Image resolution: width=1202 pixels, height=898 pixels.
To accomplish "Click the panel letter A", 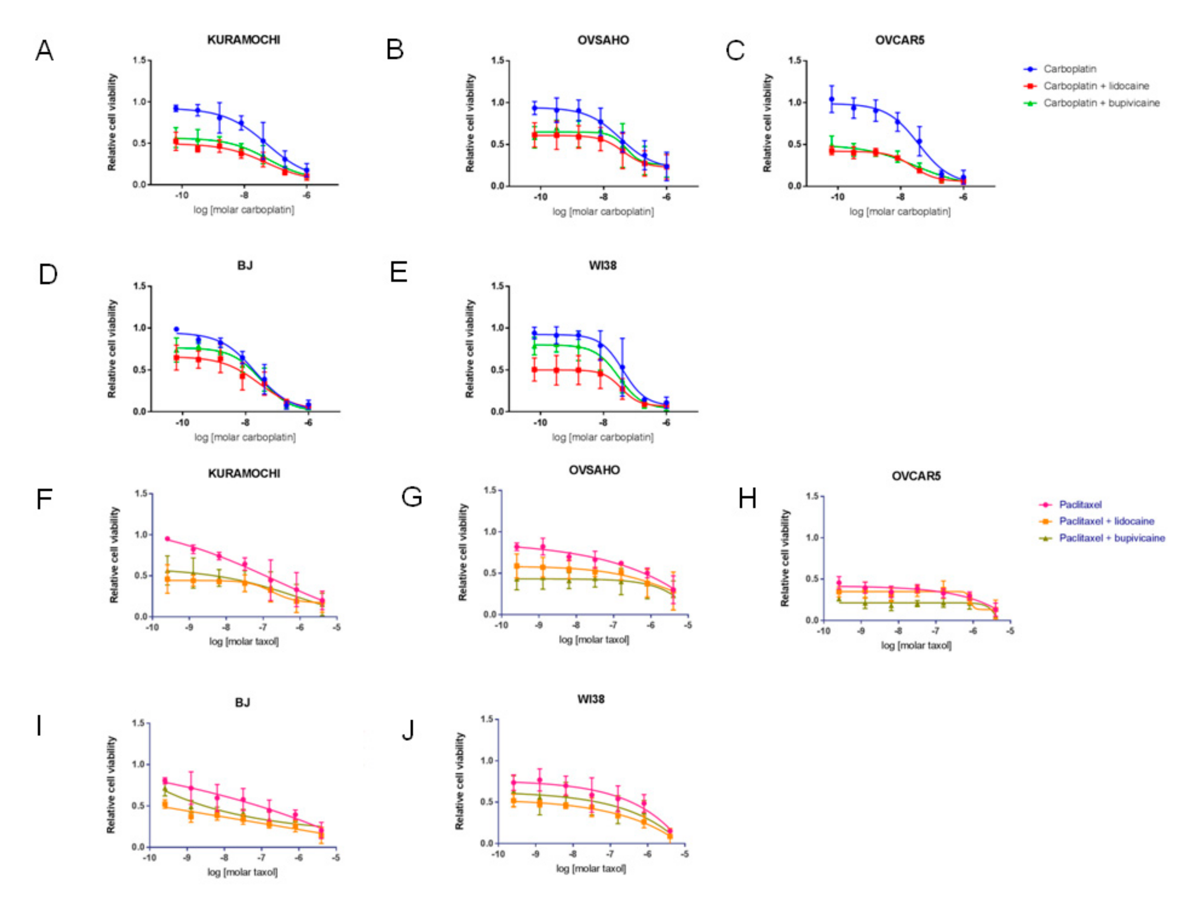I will pyautogui.click(x=45, y=51).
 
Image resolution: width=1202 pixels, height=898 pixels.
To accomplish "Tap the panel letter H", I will pyautogui.click(x=747, y=498).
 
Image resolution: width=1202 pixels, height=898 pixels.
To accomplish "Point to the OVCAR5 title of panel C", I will pyautogui.click(x=899, y=40).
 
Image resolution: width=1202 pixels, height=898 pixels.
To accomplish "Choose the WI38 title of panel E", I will pyautogui.click(x=602, y=266).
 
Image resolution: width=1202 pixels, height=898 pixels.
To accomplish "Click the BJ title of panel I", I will pyautogui.click(x=242, y=703).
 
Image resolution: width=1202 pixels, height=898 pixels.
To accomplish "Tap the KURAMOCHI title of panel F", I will pyautogui.click(x=244, y=474).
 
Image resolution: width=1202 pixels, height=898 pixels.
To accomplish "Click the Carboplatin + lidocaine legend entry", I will pyautogui.click(x=1096, y=86).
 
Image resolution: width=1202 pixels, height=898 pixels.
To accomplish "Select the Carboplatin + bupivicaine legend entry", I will pyautogui.click(x=1101, y=103).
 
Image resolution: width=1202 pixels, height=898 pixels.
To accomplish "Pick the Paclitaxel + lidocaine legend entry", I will pyautogui.click(x=1106, y=521).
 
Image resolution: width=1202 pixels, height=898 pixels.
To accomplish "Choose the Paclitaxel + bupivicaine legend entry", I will pyautogui.click(x=1111, y=538).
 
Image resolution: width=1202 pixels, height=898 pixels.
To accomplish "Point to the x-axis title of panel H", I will pyautogui.click(x=916, y=645).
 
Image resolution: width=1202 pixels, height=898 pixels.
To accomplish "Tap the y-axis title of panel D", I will pyautogui.click(x=112, y=348).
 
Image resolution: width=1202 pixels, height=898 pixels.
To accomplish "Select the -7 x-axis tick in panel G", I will pyautogui.click(x=614, y=625).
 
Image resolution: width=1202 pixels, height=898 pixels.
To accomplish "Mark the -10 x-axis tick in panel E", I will pyautogui.click(x=540, y=423).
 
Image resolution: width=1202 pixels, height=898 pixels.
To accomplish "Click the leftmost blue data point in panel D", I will pyautogui.click(x=176, y=329).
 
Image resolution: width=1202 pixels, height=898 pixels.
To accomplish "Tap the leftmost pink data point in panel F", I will pyautogui.click(x=167, y=539).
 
